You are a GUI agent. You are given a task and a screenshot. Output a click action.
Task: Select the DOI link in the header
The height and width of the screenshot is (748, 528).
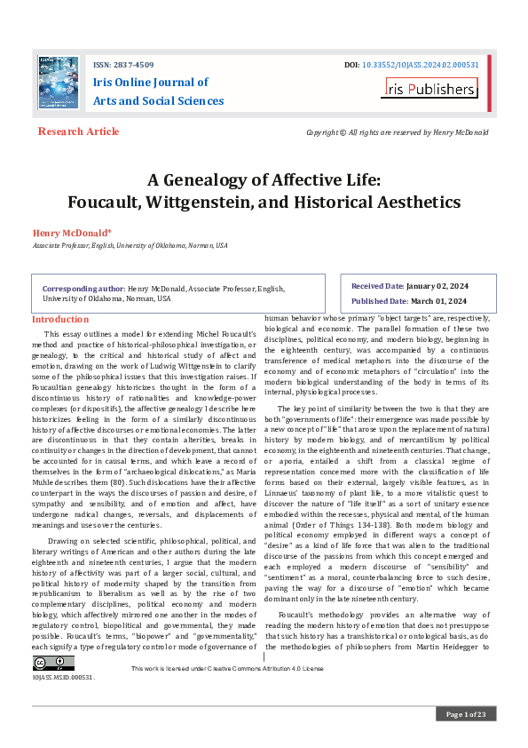[423, 65]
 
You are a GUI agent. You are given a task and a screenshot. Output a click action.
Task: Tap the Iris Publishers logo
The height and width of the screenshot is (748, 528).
[430, 89]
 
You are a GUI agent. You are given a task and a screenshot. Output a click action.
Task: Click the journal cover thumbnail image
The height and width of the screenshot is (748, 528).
[59, 84]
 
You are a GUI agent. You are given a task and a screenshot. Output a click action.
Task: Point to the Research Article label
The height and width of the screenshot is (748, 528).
[78, 131]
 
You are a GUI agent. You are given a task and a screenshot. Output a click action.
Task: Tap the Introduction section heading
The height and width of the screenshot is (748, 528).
[61, 319]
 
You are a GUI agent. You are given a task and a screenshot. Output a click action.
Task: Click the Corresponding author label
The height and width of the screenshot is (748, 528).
[83, 289]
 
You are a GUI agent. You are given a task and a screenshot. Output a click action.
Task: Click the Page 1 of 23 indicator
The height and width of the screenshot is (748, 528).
[465, 714]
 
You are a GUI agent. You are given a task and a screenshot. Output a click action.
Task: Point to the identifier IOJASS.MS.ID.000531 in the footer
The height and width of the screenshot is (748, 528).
[63, 677]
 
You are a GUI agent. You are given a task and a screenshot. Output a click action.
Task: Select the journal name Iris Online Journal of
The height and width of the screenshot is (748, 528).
[151, 83]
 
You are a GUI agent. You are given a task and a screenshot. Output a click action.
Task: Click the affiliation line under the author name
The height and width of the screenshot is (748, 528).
[130, 245]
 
